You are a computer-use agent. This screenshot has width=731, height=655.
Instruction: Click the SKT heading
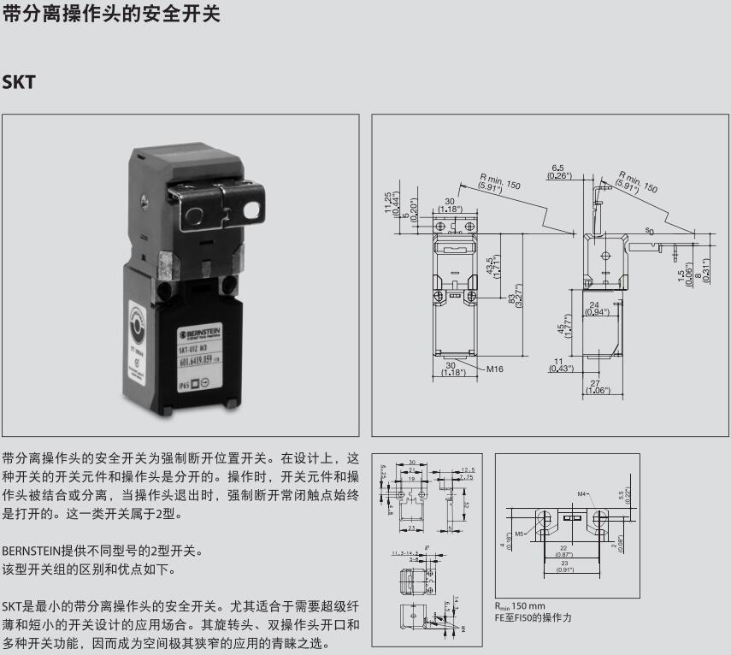[x=18, y=83]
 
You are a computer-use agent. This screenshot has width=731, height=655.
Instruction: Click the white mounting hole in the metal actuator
[x=253, y=209]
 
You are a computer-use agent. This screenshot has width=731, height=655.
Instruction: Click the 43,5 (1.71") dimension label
[x=493, y=266]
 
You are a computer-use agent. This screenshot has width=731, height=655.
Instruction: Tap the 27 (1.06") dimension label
[x=595, y=387]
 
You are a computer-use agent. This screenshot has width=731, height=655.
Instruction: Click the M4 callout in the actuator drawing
[x=582, y=493]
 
